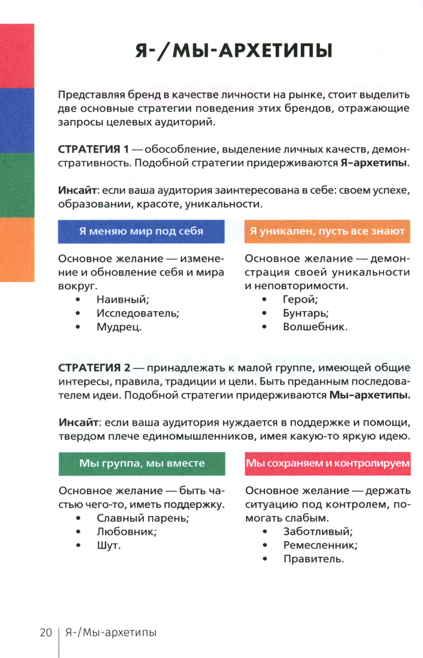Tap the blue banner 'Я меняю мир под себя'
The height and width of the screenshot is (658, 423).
click(x=141, y=231)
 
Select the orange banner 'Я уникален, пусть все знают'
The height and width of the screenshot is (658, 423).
click(x=327, y=231)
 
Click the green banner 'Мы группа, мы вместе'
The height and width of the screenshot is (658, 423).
click(x=142, y=463)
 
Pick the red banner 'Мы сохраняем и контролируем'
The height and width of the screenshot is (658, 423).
click(x=328, y=463)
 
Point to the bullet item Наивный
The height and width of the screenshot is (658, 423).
click(x=123, y=300)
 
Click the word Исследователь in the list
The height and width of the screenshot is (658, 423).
click(x=138, y=313)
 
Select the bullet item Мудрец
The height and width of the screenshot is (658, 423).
click(x=119, y=327)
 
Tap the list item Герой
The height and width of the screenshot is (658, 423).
click(x=300, y=300)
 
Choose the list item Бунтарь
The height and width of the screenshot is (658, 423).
click(x=306, y=313)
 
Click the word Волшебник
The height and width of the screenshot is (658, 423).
click(x=315, y=327)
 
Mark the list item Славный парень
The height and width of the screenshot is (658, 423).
click(x=143, y=518)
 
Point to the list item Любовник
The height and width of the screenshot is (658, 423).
click(x=127, y=532)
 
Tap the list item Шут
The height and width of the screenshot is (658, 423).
click(x=109, y=546)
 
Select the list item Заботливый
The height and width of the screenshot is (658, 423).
click(x=318, y=532)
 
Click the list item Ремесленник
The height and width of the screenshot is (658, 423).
click(x=320, y=546)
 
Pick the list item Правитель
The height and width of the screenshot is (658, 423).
click(x=313, y=559)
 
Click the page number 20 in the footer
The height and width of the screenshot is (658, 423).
click(x=46, y=633)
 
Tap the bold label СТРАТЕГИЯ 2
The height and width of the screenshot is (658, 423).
click(x=94, y=368)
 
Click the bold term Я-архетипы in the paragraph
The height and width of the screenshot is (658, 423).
click(x=374, y=163)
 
